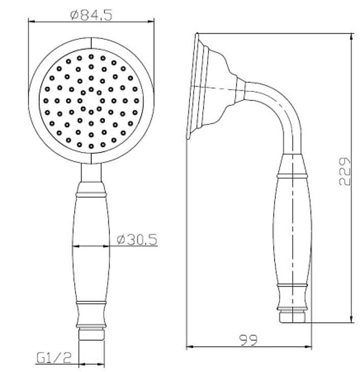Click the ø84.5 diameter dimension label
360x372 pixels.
pos(91,15)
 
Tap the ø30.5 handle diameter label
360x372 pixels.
pos(137,239)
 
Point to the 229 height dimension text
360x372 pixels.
pos(344,171)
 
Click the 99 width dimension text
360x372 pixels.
pos(248,340)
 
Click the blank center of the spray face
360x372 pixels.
pos(91,101)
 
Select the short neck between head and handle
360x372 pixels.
pos(91,173)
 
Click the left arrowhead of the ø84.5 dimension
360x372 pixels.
pos(32,22)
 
